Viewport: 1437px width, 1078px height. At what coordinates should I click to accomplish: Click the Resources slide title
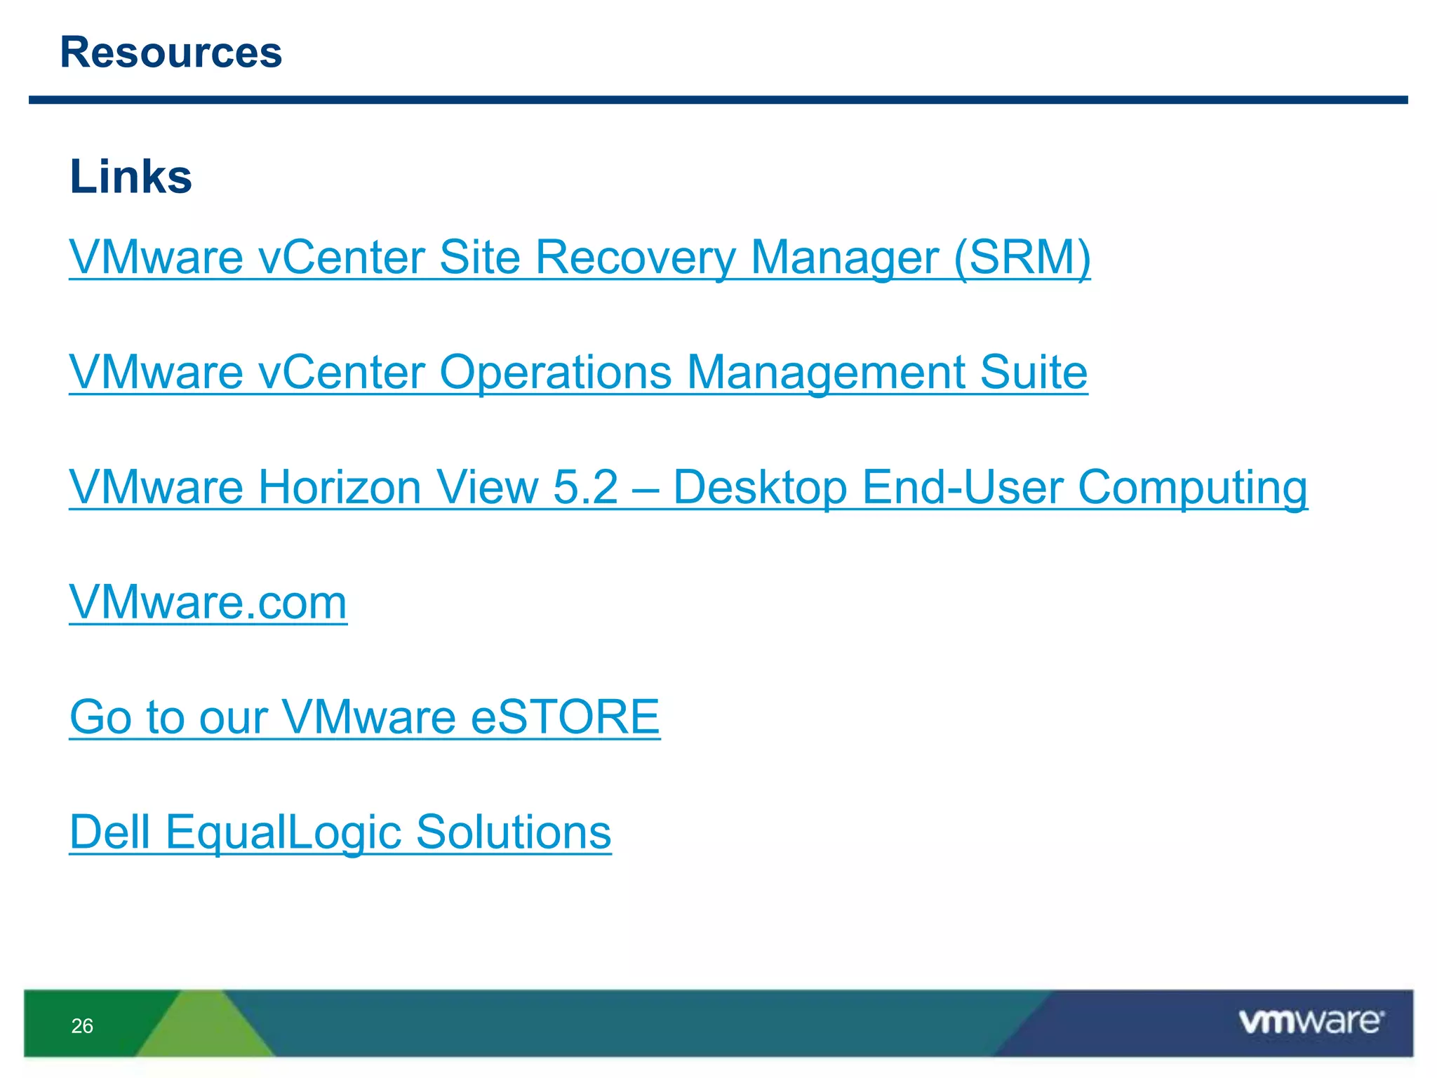pos(171,53)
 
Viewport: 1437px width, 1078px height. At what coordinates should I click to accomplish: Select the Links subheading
pos(131,176)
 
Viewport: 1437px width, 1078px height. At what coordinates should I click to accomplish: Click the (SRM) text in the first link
pos(1022,258)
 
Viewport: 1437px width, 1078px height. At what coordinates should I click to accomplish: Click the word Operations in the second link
pos(555,372)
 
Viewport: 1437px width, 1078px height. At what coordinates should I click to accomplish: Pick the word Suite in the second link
pos(1034,372)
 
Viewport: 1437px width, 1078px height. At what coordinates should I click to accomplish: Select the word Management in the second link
pos(825,372)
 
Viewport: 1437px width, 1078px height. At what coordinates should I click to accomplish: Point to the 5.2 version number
pos(586,487)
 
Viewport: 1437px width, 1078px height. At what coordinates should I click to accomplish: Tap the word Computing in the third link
pos(1192,487)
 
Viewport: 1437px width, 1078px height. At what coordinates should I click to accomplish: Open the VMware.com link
pos(208,602)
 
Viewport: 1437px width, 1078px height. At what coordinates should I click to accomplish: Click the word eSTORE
pos(565,717)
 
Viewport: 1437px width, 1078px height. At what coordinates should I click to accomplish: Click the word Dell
pos(110,832)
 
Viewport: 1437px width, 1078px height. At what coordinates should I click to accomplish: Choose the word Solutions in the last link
pos(514,832)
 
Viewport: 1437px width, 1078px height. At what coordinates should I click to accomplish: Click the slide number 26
pos(82,1026)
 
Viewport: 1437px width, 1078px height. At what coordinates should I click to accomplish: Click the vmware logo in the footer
pos(1311,1022)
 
